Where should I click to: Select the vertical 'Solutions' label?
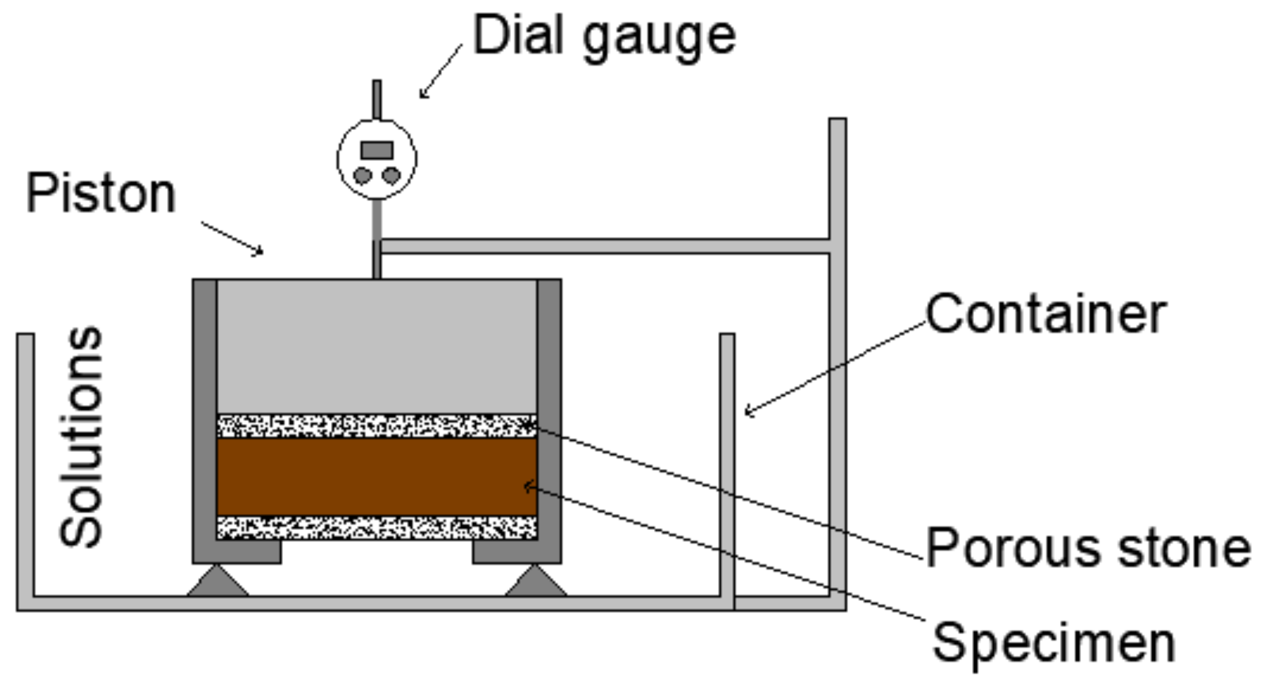click(81, 436)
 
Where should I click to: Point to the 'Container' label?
click(1046, 314)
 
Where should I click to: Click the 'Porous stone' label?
click(1088, 547)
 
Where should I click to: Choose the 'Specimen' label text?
click(1054, 643)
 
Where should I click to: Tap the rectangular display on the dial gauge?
click(377, 150)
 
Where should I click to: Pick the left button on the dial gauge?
click(362, 176)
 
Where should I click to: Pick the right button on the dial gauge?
click(391, 176)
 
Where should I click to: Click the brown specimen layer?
click(377, 476)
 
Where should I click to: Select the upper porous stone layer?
click(377, 426)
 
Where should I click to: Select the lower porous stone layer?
click(377, 528)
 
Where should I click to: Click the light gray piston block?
click(377, 346)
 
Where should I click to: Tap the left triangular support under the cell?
click(218, 582)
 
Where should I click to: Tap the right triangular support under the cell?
click(536, 582)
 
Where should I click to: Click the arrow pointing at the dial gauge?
click(440, 71)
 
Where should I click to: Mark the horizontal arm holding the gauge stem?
click(604, 247)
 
